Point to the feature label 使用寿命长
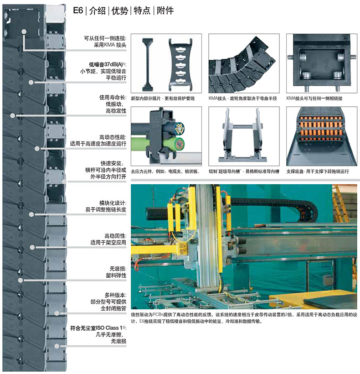pos(113,98)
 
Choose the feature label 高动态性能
pos(113,137)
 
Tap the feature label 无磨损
pos(118,269)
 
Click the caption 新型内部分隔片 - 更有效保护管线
pos(163,99)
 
